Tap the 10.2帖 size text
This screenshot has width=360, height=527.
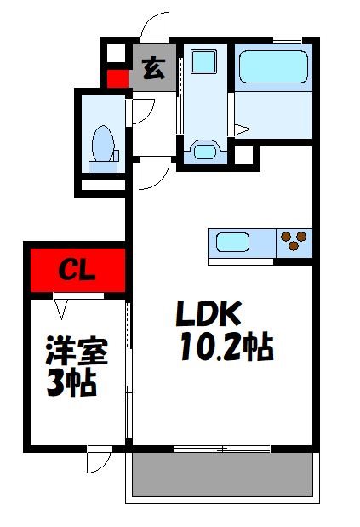tap(226, 347)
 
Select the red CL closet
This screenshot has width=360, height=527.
tap(77, 271)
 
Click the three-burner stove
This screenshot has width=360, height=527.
tap(293, 242)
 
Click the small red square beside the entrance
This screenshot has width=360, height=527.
tap(115, 83)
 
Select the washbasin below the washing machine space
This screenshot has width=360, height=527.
tap(205, 151)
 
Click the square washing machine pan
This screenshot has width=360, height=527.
tap(204, 62)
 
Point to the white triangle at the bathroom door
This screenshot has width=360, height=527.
tap(243, 129)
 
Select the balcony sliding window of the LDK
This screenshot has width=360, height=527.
tap(222, 448)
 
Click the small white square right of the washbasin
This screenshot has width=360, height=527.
tap(244, 156)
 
